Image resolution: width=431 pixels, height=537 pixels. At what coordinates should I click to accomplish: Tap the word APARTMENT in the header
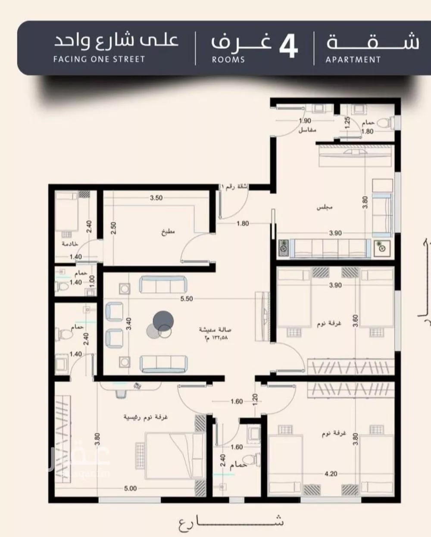[x=353, y=60]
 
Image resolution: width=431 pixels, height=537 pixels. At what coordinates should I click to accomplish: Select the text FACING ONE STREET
[x=99, y=59]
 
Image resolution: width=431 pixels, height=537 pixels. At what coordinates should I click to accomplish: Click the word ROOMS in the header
[x=228, y=60]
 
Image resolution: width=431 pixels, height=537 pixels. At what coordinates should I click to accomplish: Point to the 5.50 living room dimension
[x=186, y=298]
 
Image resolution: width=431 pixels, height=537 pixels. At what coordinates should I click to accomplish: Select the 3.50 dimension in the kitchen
[x=156, y=198]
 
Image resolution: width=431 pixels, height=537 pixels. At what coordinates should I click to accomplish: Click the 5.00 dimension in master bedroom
[x=130, y=488]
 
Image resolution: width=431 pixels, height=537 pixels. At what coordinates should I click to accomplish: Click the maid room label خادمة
[x=70, y=244]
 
